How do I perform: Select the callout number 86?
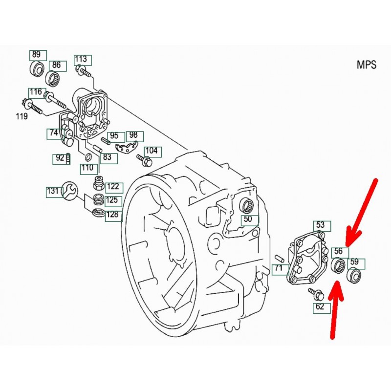[x=56, y=65]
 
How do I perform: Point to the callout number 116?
[x=36, y=92]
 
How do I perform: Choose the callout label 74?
[x=53, y=132]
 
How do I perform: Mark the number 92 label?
[x=60, y=158]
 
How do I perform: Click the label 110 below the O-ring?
[x=87, y=168]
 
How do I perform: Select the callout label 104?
[x=152, y=151]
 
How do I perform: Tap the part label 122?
[x=112, y=186]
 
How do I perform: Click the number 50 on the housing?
[x=248, y=219]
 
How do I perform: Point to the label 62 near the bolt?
[x=320, y=307]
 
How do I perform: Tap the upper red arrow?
[x=361, y=213]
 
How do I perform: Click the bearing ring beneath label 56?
[x=337, y=266]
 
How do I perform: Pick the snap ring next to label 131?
[x=69, y=190]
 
